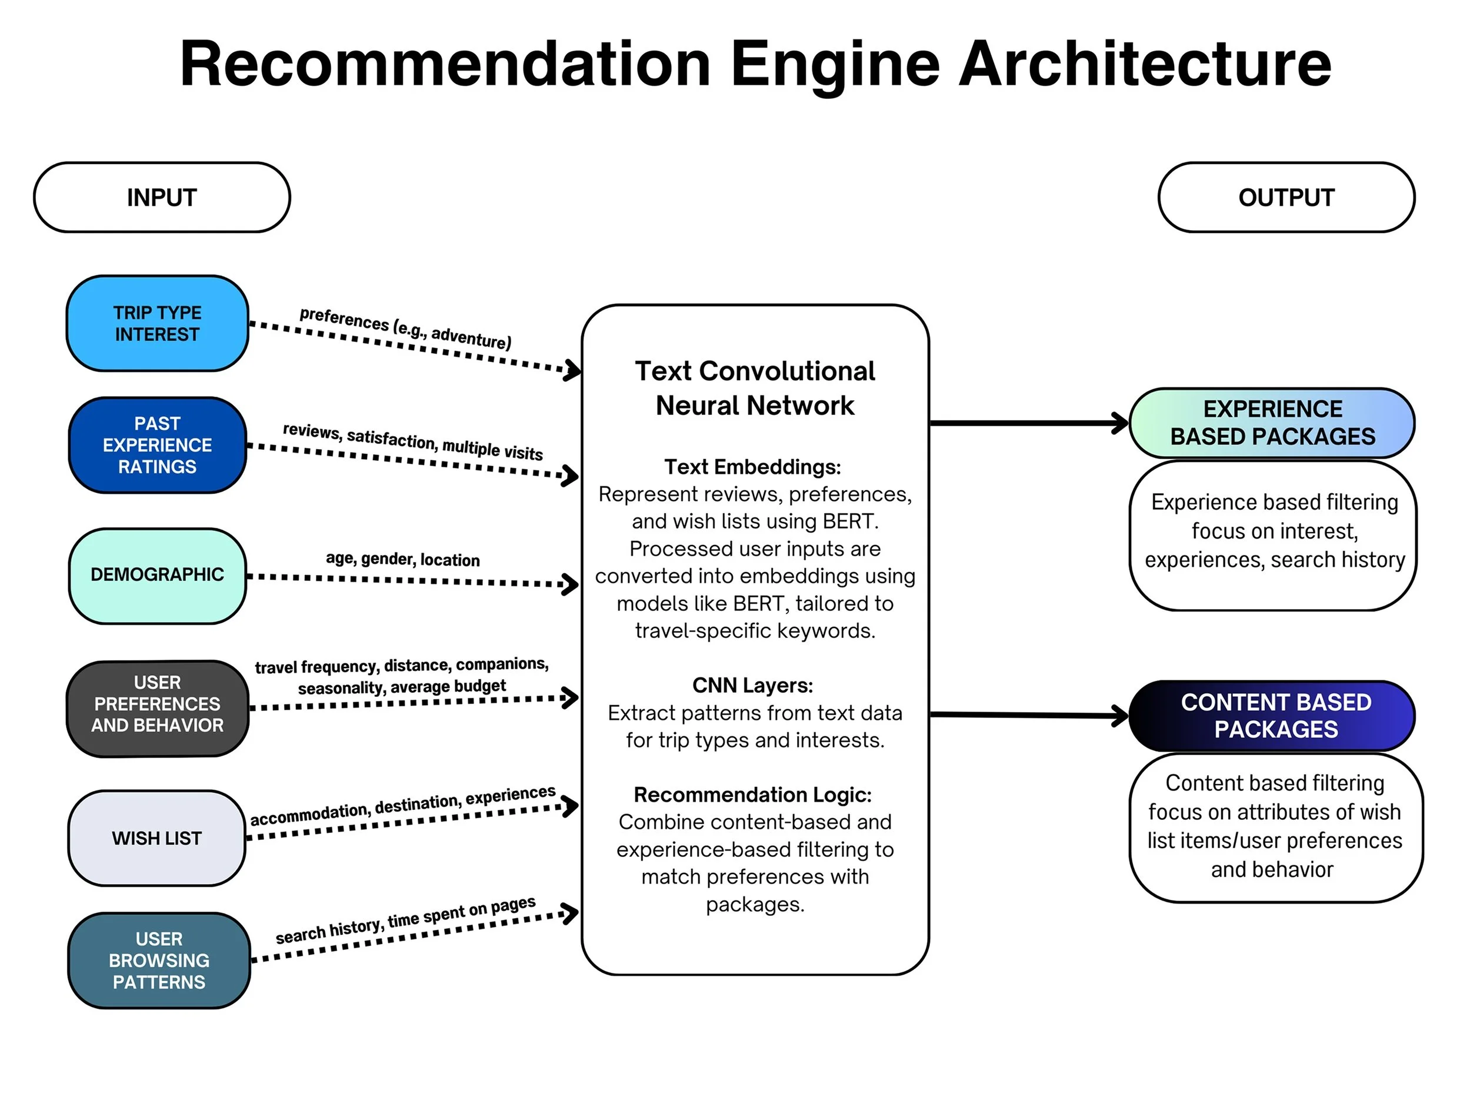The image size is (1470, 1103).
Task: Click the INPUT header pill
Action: click(x=162, y=197)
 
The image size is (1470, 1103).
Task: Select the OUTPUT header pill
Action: click(x=1286, y=197)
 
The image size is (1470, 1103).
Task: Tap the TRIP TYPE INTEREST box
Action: click(x=158, y=323)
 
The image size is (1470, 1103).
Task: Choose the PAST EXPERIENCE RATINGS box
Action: click(x=158, y=445)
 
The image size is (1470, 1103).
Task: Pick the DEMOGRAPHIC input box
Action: click(x=158, y=575)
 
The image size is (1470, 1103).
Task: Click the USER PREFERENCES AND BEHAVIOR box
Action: click(x=158, y=705)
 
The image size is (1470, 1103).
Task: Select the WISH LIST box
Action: click(x=157, y=838)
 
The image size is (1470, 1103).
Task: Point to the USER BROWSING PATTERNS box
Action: click(x=159, y=960)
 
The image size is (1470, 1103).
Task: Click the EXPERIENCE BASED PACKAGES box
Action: click(x=1272, y=423)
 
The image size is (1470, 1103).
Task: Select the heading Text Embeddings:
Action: click(x=752, y=467)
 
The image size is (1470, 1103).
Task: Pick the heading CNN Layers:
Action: click(x=752, y=686)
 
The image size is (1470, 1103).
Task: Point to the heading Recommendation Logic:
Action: click(x=752, y=795)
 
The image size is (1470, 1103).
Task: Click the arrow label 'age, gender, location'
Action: click(x=403, y=559)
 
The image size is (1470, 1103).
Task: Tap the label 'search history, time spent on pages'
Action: click(x=405, y=919)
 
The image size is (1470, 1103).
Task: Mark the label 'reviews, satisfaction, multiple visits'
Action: click(x=413, y=441)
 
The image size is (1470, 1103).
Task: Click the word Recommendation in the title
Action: click(x=445, y=65)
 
